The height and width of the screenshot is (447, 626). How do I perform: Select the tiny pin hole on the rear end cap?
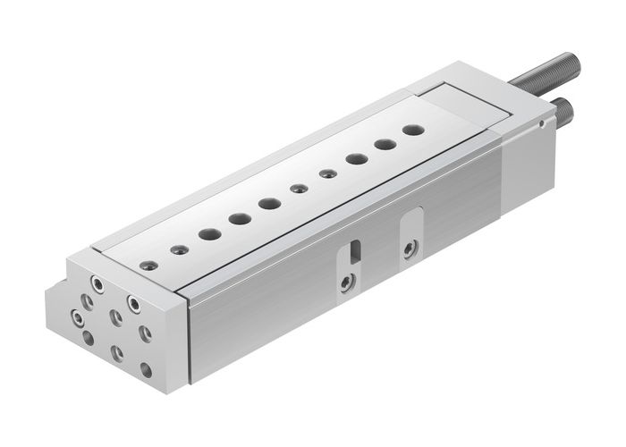542,126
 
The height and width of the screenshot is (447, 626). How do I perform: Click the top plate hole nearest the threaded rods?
412,130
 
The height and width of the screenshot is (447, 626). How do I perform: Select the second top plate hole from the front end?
179,248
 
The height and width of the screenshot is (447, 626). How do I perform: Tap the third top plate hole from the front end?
209,233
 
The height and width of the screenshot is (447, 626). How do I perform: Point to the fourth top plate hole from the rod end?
327,173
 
